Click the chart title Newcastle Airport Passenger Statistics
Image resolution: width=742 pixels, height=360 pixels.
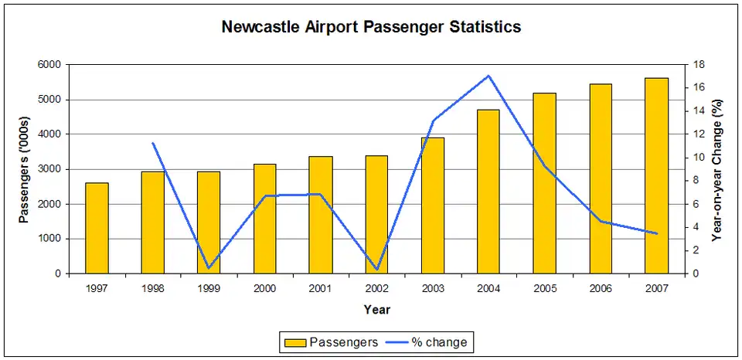click(x=371, y=27)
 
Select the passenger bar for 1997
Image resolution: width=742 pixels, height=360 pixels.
click(x=97, y=228)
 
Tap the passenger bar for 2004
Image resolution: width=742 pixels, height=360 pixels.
click(x=488, y=192)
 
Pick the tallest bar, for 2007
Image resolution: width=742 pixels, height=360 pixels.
click(x=656, y=175)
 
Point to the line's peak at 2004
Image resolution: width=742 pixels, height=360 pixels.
click(x=488, y=76)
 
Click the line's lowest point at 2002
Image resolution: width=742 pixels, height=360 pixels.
click(x=376, y=270)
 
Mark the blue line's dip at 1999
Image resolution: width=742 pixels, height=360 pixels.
click(x=209, y=268)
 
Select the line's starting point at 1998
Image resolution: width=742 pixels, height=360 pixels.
click(x=152, y=143)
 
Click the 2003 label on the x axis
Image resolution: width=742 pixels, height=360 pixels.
click(x=432, y=288)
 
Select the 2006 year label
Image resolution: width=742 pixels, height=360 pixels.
click(x=601, y=288)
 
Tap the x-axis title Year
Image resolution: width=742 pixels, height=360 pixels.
click(x=376, y=310)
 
